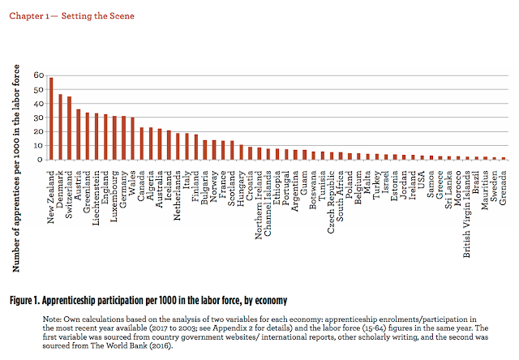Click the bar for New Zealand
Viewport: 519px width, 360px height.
coord(50,118)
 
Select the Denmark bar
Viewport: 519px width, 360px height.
coord(60,127)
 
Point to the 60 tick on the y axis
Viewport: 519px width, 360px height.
coord(37,75)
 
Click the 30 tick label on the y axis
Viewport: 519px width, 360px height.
coord(37,118)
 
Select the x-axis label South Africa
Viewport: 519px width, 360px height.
coord(341,191)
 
